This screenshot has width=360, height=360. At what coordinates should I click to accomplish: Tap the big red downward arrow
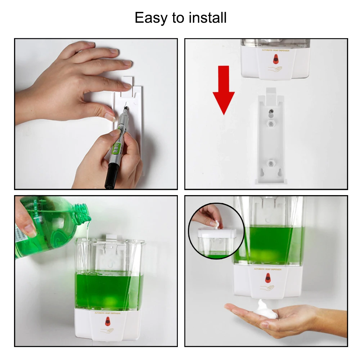click(223, 90)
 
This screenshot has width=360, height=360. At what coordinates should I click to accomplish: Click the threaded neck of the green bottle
click(84, 212)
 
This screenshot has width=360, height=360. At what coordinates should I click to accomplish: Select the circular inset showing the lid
click(216, 230)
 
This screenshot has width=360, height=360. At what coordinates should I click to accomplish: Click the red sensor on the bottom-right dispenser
click(267, 278)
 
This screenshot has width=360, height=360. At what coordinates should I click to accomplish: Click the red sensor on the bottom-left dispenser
click(107, 321)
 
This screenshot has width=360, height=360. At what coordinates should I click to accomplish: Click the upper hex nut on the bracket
click(270, 123)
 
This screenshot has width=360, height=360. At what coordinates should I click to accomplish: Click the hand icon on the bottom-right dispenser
click(267, 288)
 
